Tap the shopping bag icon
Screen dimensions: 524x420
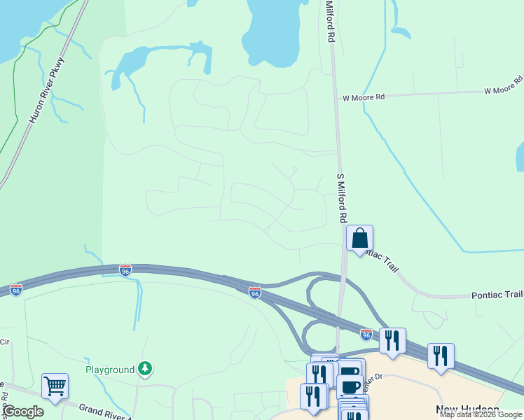359,238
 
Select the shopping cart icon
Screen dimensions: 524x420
55,386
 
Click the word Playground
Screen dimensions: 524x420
109,369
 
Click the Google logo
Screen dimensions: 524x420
23,412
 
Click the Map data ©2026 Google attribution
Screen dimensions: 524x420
481,415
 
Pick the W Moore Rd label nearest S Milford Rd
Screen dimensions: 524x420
364,98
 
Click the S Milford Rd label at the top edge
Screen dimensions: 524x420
329,21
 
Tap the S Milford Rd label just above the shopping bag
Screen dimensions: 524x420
343,198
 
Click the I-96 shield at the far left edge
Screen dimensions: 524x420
15,289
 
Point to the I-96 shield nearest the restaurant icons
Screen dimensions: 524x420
366,335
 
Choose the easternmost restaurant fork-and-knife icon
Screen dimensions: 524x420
441,356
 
